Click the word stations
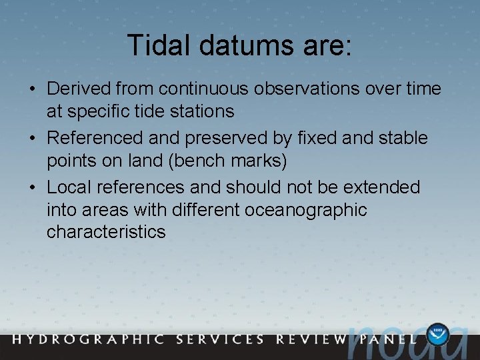[201, 111]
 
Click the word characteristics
[106, 232]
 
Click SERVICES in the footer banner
[220, 339]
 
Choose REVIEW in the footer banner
[309, 339]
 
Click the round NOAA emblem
[439, 335]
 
